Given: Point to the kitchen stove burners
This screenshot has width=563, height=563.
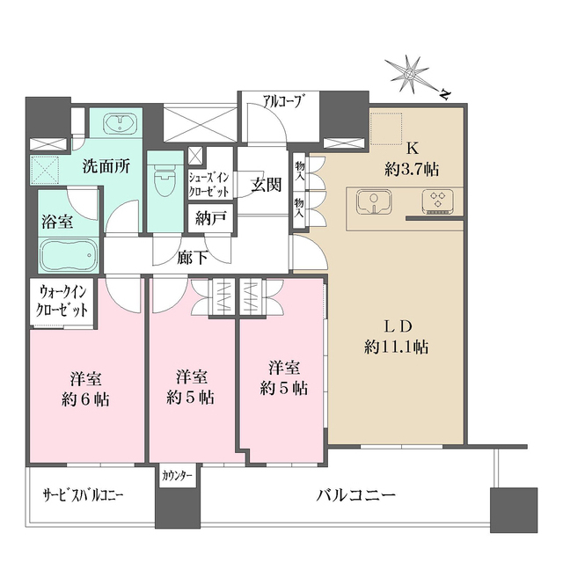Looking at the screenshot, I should tap(436, 201).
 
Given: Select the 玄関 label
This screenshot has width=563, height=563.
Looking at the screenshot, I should tap(266, 185).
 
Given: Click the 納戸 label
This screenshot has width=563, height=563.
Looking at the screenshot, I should tap(210, 217).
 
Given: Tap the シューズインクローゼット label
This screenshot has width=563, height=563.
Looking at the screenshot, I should tap(209, 184).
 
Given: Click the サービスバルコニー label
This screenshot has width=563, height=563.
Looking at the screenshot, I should tap(83, 496).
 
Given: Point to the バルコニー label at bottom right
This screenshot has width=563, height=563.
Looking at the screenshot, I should tap(356, 494).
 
